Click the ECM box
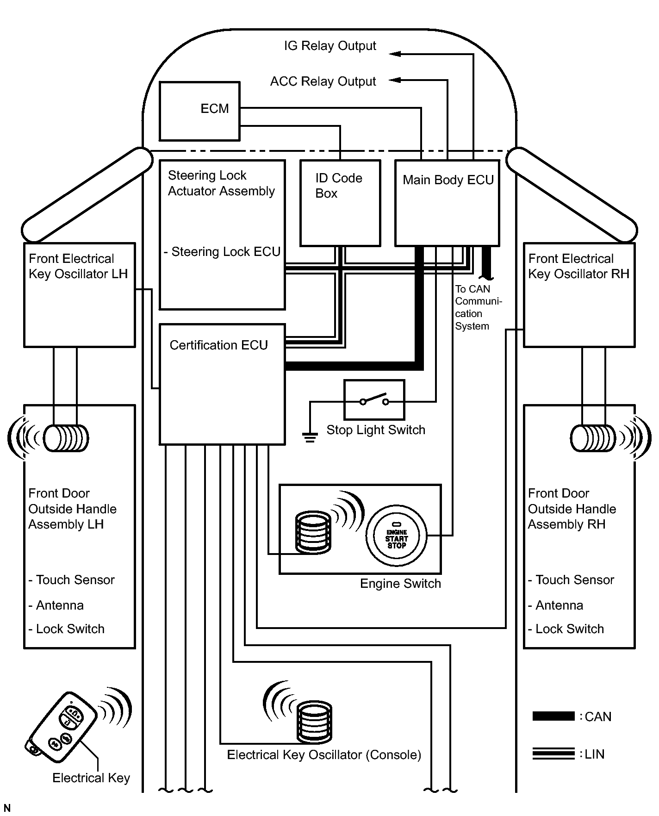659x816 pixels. (x=199, y=111)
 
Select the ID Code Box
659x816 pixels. (x=340, y=203)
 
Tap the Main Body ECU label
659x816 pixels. (x=448, y=180)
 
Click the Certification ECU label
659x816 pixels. (x=218, y=345)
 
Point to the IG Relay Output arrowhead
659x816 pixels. (x=395, y=54)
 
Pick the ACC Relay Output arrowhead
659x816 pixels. (x=395, y=80)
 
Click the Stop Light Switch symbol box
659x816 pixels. (x=374, y=400)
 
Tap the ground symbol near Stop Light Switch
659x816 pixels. (x=310, y=436)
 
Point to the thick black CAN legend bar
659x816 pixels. (x=553, y=716)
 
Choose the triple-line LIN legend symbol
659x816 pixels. (x=553, y=754)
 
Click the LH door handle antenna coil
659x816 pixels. (x=66, y=438)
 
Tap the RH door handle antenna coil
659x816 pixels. (x=593, y=438)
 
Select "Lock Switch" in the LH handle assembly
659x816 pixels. (x=70, y=629)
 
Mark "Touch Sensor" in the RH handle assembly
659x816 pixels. (x=574, y=580)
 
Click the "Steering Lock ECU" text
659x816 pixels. (x=225, y=252)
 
